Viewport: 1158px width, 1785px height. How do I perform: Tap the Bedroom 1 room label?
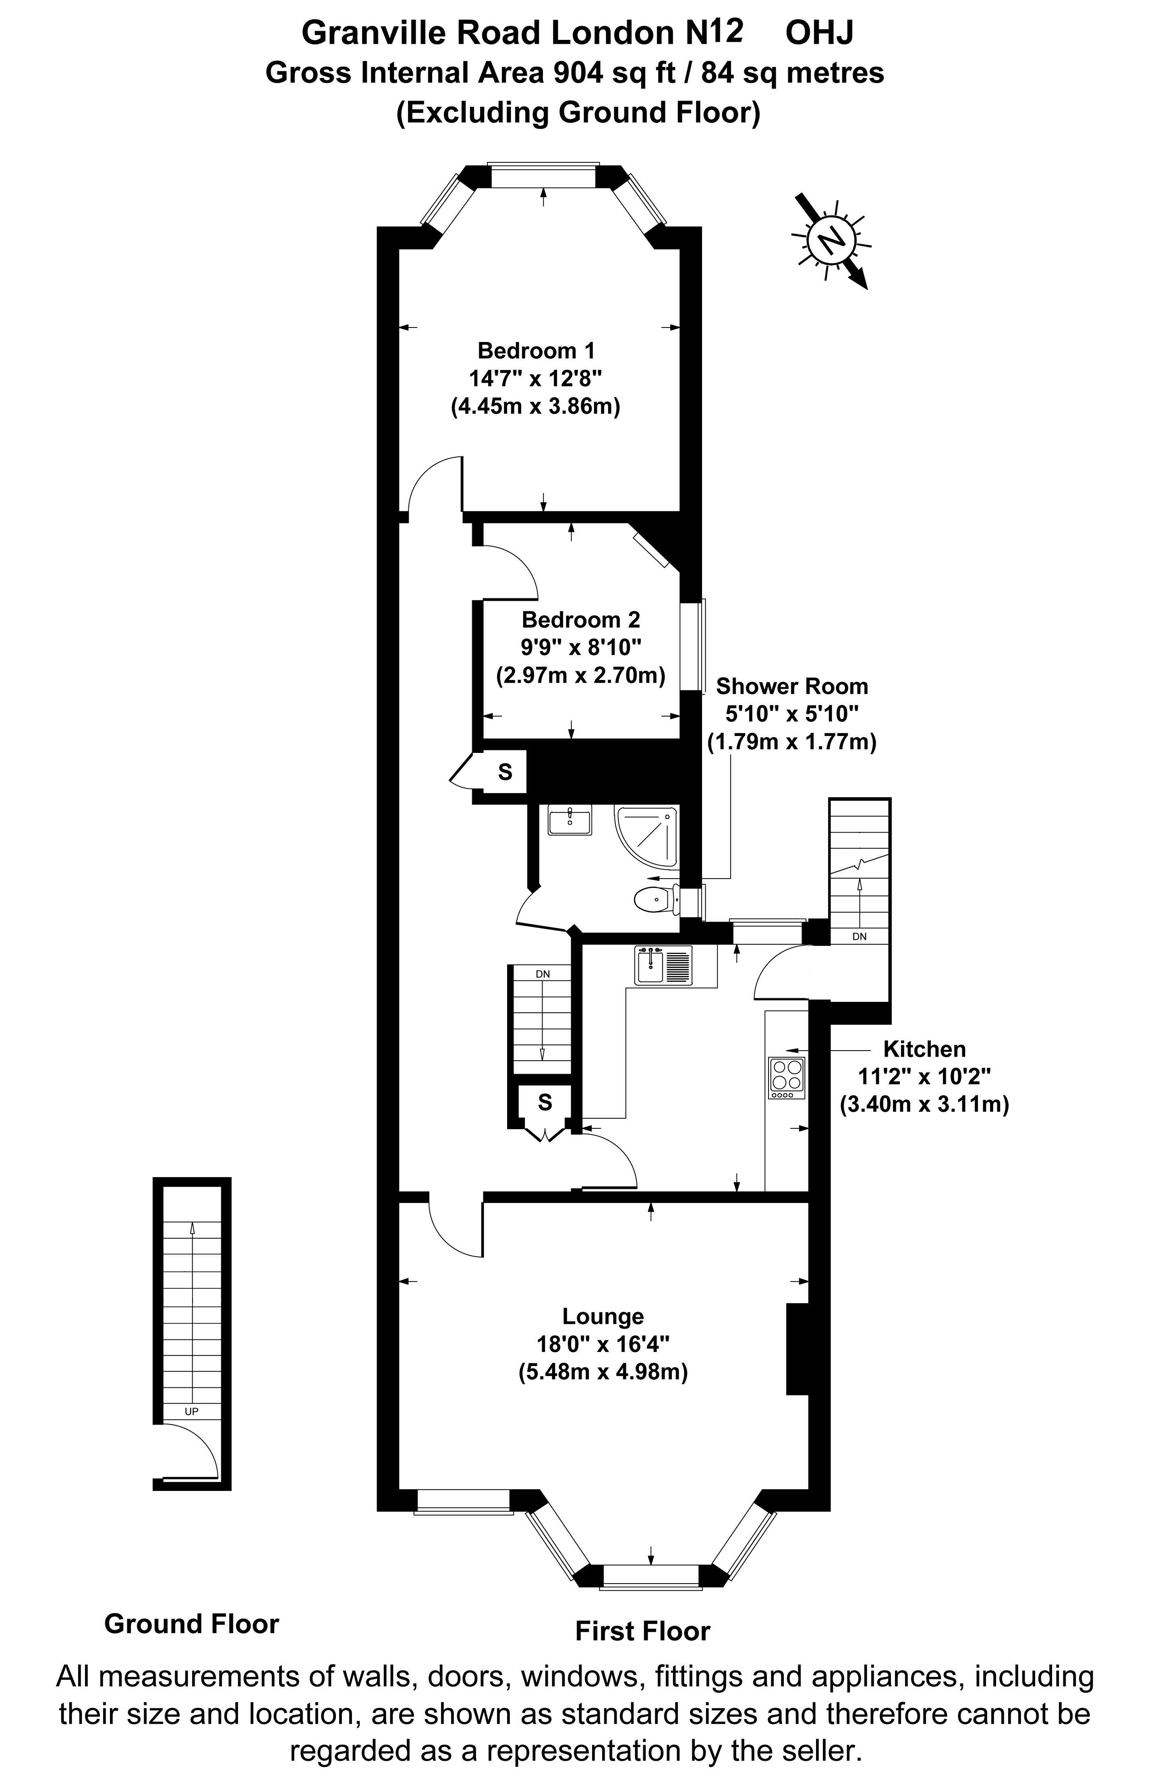[536, 350]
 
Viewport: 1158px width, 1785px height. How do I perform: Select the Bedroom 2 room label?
[581, 620]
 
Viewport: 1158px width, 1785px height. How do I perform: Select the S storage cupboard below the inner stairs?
[545, 1102]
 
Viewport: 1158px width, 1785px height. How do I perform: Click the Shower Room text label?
[792, 686]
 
